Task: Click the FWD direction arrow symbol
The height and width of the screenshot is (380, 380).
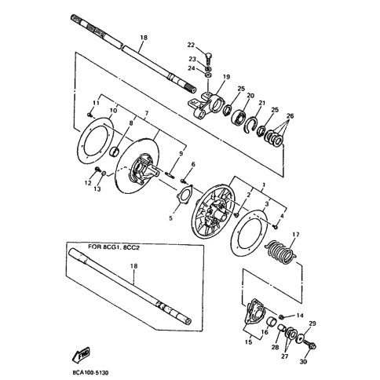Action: [x=82, y=354]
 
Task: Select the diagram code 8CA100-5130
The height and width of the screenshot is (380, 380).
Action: [x=91, y=372]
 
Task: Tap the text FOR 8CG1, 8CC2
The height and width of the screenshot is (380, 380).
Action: [x=113, y=247]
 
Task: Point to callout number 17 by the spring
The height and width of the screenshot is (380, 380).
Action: [x=295, y=235]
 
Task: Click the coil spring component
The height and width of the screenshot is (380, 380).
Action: [x=281, y=252]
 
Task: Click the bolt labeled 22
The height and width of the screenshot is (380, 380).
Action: [x=209, y=59]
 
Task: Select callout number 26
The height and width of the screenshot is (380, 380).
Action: [x=290, y=115]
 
